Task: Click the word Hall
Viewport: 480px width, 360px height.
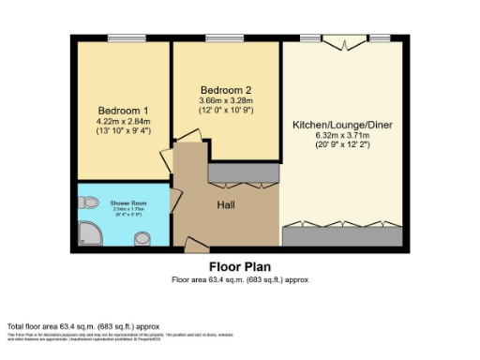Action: tap(226, 205)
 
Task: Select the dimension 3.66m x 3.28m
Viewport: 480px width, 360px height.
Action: tap(226, 101)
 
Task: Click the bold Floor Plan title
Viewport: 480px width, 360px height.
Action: tap(239, 265)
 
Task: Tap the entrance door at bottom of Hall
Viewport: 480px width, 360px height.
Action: tap(197, 246)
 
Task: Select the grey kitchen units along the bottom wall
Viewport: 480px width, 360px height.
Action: tap(343, 235)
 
